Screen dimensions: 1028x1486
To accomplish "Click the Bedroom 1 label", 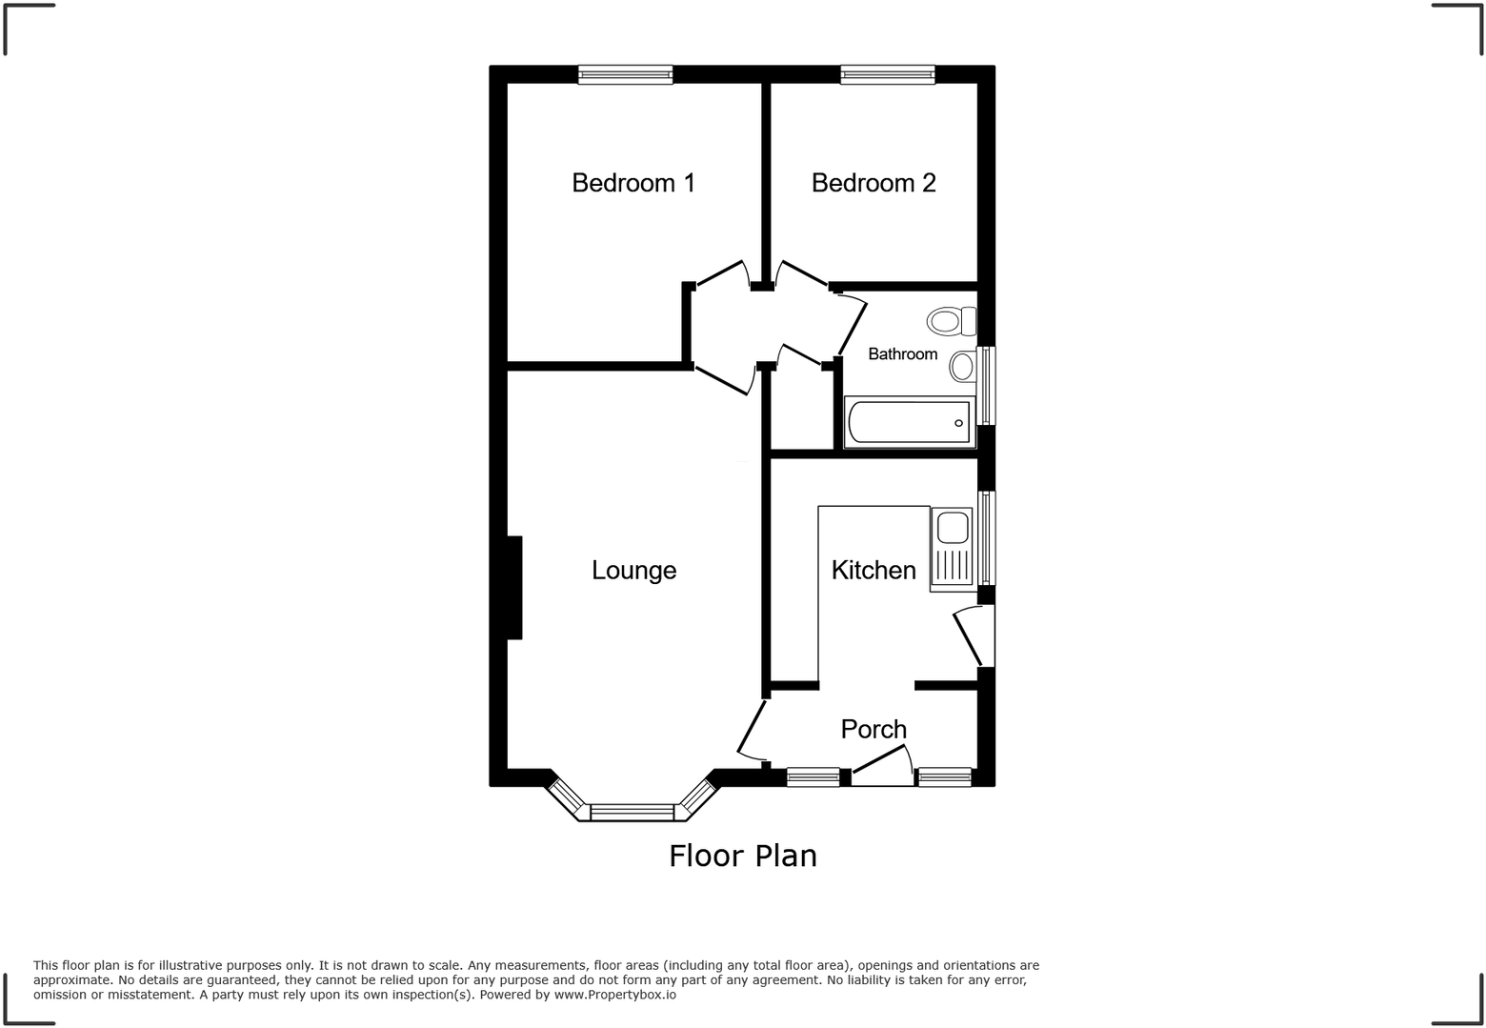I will (x=633, y=183).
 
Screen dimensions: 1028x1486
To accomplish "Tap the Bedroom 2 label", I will (x=874, y=183).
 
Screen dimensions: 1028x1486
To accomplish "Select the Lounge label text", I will (x=633, y=570).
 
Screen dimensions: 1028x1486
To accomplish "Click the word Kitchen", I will (x=874, y=570).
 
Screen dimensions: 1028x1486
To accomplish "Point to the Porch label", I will (x=874, y=729).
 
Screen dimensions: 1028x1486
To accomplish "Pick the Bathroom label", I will (x=902, y=353).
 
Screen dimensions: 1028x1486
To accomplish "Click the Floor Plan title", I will (x=743, y=856).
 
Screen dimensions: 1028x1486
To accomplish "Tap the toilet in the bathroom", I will (x=952, y=321).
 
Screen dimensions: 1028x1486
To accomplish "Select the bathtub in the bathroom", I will (x=909, y=422).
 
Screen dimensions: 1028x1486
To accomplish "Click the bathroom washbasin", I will (x=963, y=366).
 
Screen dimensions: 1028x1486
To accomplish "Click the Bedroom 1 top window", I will (x=625, y=74).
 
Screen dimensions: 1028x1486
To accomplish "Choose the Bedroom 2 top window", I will (x=887, y=74).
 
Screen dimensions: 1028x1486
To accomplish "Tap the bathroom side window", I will (x=988, y=385).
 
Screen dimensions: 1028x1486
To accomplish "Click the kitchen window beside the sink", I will (x=988, y=537).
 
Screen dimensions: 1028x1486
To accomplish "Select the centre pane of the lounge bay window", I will (x=633, y=812).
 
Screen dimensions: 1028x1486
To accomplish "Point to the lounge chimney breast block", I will (x=514, y=587).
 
